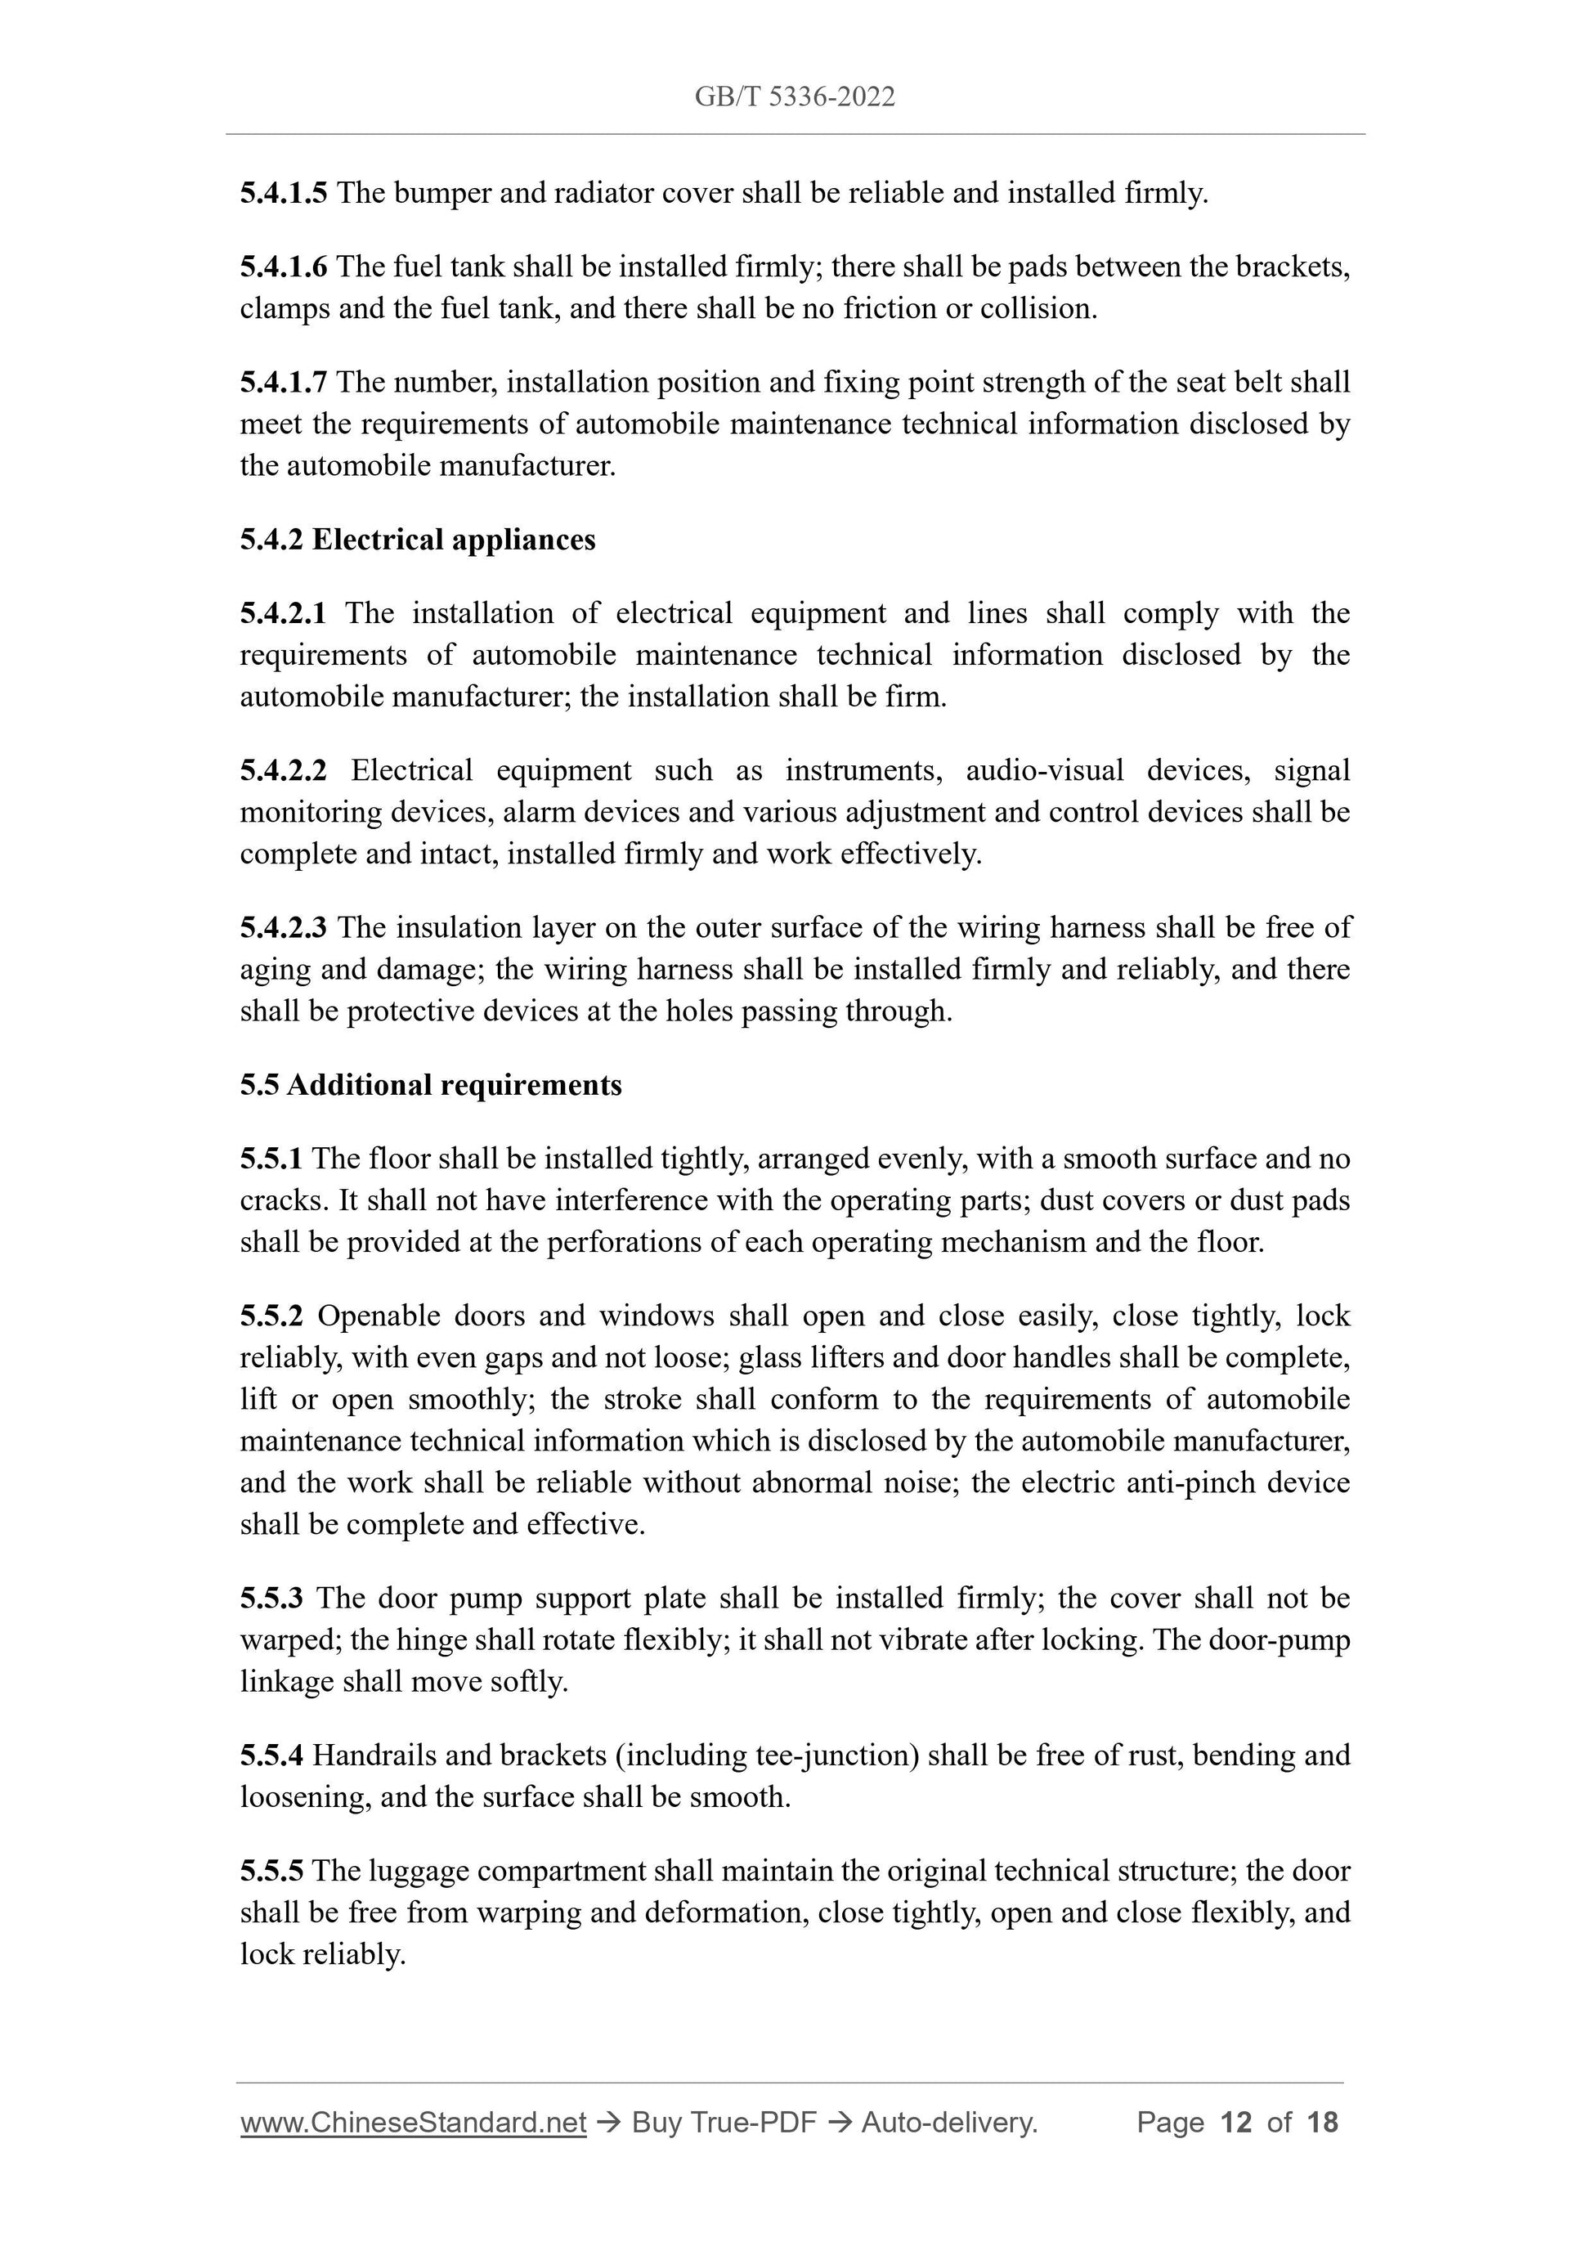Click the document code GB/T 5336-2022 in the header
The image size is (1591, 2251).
(x=794, y=97)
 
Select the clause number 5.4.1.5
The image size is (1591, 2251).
(x=284, y=193)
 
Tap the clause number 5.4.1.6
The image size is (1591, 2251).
(x=284, y=267)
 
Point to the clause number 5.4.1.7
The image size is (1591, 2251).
(x=284, y=383)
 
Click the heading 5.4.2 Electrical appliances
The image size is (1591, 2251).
(x=418, y=540)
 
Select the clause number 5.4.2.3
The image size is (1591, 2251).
(x=284, y=927)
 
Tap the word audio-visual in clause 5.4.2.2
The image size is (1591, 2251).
(x=1045, y=770)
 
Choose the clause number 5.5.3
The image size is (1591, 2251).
(x=271, y=1599)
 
